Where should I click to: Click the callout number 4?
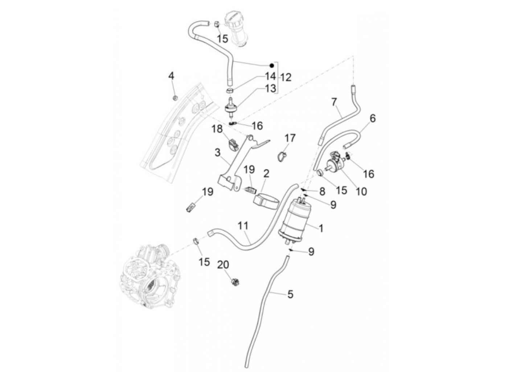(171, 76)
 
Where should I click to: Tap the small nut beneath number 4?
(175, 97)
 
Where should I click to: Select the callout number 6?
(373, 118)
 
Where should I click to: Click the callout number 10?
(361, 190)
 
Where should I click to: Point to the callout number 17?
(290, 138)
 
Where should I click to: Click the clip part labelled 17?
(284, 155)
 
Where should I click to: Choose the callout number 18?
(217, 129)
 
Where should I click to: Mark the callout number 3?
(217, 152)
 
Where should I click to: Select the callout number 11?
(243, 226)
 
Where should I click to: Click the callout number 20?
(224, 265)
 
